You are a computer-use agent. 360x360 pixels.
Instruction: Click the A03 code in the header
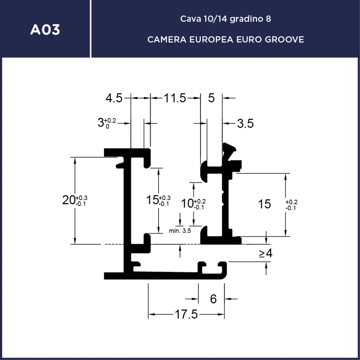coord(45,30)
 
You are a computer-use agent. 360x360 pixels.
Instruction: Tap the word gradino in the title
coord(245,19)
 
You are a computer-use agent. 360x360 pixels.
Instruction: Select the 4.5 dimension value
coord(114,98)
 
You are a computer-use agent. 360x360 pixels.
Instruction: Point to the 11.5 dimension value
coord(175,98)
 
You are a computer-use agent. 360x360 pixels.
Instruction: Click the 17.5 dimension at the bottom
coord(186,314)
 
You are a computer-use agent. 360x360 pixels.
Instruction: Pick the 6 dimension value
coord(213,299)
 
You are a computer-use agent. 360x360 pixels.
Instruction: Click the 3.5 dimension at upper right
coord(245,123)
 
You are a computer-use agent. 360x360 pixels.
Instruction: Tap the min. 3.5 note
coord(180,231)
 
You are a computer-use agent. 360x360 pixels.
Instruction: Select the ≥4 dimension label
coord(265,253)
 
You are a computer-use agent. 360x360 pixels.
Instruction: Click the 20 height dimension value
coord(68,200)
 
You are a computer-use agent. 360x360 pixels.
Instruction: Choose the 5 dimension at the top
coord(211,98)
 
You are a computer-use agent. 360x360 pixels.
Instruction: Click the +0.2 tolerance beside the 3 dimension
coord(110,121)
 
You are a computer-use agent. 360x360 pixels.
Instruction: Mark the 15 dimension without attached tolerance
coord(264,204)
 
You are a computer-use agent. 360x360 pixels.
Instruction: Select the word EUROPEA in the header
coord(211,39)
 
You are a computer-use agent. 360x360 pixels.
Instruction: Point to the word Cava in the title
coord(191,19)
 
